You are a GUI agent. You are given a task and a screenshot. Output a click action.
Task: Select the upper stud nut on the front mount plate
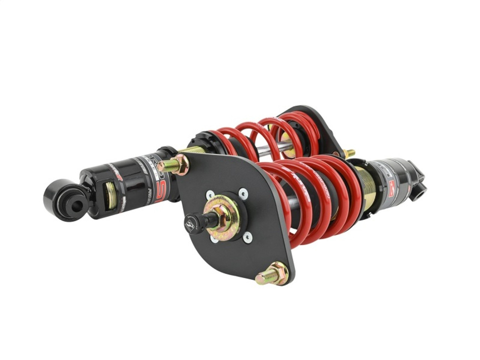(178, 165)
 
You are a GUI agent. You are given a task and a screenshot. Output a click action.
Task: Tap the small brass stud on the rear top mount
(349, 153)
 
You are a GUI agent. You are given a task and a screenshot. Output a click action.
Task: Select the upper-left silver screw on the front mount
(210, 195)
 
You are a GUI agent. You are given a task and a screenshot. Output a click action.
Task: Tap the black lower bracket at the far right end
(418, 185)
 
